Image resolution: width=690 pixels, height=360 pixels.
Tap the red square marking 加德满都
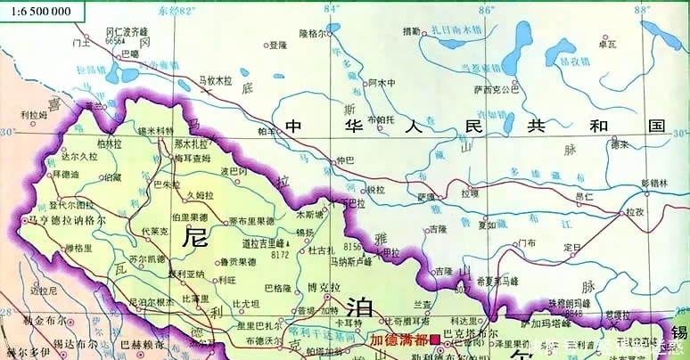click(434, 340)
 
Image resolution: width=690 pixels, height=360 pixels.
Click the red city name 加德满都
click(398, 340)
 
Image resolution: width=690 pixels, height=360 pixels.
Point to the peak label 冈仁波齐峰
click(127, 31)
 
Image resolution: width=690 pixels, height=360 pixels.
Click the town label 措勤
click(411, 31)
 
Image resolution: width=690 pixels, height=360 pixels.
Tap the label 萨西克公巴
click(497, 89)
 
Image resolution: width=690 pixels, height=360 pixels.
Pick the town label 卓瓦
click(608, 44)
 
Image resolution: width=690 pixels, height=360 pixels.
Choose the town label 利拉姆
click(34, 114)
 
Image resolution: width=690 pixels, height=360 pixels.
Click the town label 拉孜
click(634, 212)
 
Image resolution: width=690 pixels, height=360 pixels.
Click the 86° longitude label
click(486, 10)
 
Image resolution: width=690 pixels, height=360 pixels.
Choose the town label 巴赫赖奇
click(142, 343)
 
